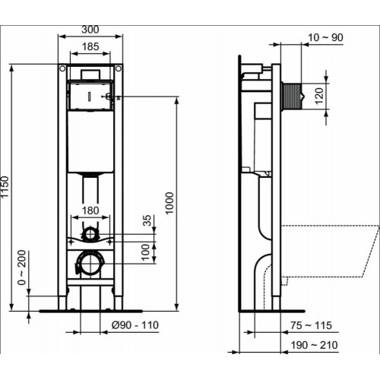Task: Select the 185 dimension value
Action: pyautogui.click(x=90, y=47)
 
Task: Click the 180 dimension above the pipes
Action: pyautogui.click(x=90, y=210)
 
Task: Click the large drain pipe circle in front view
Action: pyautogui.click(x=90, y=264)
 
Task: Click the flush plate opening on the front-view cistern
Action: pyautogui.click(x=90, y=96)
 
